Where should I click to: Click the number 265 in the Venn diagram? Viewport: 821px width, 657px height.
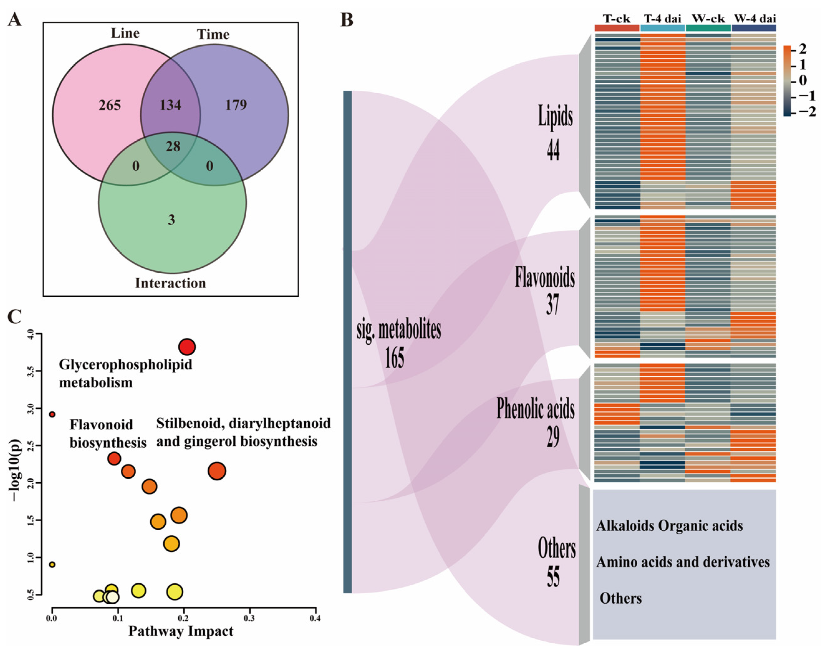(110, 105)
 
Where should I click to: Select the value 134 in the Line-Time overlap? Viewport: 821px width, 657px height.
(170, 105)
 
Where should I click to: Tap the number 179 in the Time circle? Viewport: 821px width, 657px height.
(236, 105)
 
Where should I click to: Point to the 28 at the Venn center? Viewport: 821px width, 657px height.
(173, 147)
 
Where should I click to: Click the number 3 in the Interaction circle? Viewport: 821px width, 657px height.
(171, 220)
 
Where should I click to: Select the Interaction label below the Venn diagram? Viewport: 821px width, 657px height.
(170, 283)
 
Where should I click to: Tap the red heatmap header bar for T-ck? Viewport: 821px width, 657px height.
(617, 28)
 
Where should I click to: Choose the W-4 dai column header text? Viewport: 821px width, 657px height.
(754, 18)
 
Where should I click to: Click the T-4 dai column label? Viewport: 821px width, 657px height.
(663, 18)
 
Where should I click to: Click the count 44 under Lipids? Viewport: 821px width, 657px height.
(553, 149)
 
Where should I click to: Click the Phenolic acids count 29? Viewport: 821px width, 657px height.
(553, 437)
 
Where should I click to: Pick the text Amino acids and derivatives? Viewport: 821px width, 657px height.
(683, 562)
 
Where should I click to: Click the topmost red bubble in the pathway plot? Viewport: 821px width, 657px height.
(187, 347)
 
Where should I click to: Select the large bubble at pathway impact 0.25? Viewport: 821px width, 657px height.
(217, 471)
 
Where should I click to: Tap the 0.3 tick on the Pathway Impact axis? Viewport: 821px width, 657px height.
(249, 618)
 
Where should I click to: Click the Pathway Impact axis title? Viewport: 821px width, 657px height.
(181, 631)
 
